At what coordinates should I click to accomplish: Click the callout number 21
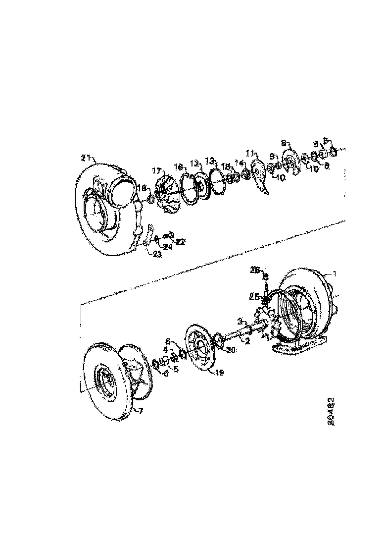86,158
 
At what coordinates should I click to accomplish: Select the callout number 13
210,161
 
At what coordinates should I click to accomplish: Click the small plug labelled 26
266,276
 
